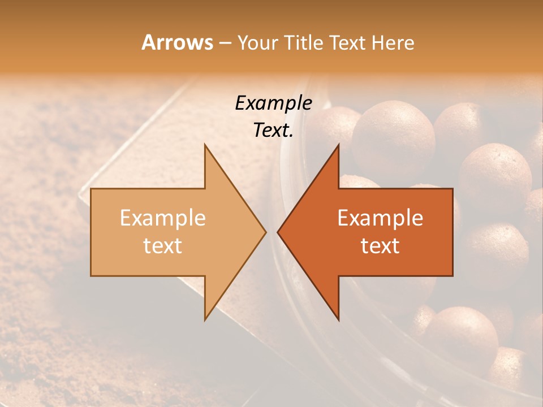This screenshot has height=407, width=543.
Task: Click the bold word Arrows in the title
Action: click(178, 42)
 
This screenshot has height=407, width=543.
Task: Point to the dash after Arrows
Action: click(225, 43)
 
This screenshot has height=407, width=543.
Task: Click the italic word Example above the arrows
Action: click(273, 103)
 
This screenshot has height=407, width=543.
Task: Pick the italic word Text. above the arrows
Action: click(273, 130)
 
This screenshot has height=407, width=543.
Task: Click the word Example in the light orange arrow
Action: click(163, 218)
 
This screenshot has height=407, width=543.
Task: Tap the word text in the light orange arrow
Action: click(163, 245)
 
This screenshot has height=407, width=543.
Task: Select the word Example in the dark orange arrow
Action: click(380, 218)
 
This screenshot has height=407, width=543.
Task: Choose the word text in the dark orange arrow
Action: click(380, 245)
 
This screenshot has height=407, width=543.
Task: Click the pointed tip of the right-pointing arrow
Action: click(266, 232)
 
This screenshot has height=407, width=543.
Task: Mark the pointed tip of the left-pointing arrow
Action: click(277, 232)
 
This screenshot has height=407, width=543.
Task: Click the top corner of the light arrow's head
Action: click(205, 144)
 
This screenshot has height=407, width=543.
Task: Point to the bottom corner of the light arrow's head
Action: click(205, 320)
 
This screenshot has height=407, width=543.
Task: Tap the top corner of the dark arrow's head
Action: click(338, 144)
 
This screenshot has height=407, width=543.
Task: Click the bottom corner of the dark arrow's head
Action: click(338, 320)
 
